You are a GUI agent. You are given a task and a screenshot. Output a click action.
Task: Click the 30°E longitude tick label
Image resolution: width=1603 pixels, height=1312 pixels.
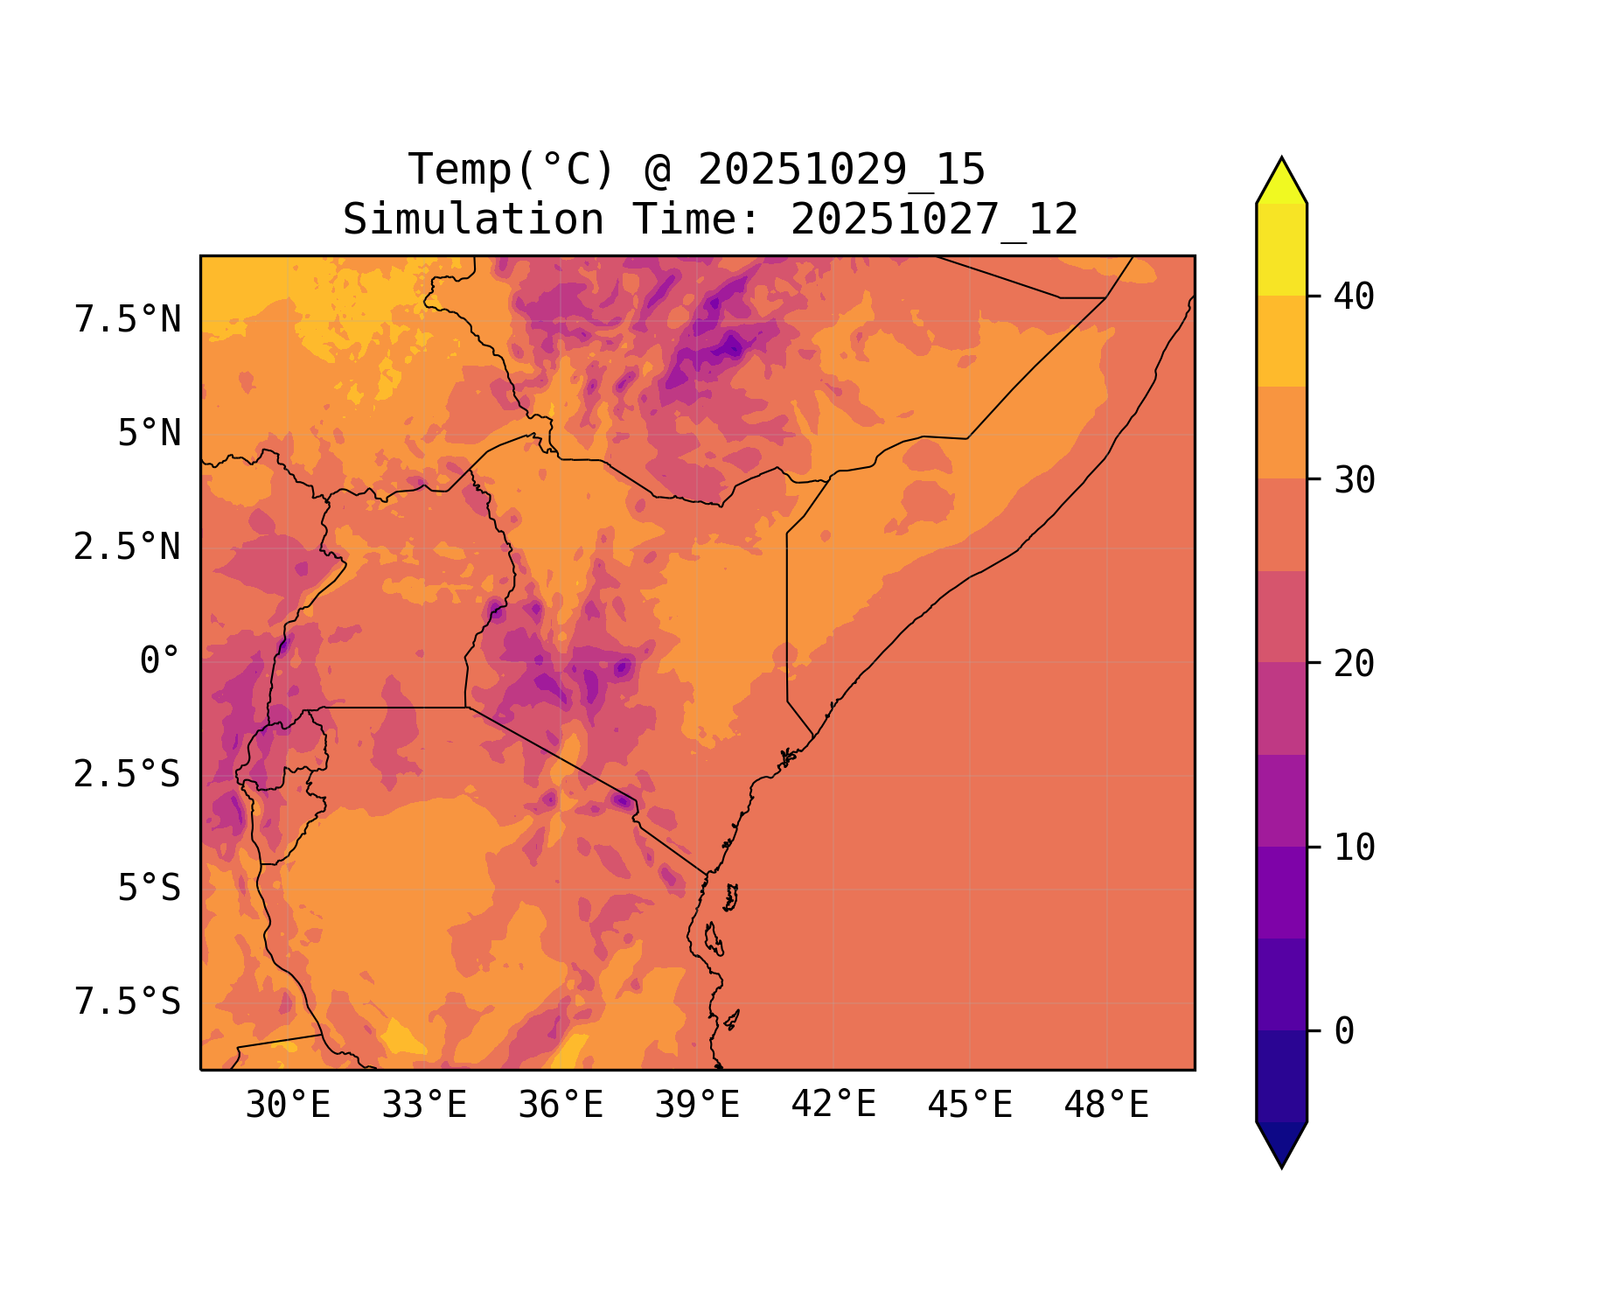(288, 1106)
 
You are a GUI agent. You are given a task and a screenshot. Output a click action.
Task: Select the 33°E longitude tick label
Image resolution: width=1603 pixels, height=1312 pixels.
(424, 1106)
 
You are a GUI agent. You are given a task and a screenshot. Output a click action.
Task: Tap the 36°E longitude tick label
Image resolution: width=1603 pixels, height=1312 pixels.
(561, 1106)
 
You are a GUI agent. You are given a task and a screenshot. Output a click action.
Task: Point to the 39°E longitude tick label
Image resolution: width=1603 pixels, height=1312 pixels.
(697, 1106)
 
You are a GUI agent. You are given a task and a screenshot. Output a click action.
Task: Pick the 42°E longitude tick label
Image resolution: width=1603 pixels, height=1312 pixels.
(833, 1105)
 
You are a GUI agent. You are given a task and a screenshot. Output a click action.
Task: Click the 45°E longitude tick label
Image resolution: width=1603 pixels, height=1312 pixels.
(970, 1106)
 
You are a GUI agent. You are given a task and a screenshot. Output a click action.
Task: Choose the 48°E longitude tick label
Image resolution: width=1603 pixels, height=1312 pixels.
(1106, 1106)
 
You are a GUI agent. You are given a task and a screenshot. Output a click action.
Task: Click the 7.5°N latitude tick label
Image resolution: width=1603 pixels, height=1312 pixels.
(128, 320)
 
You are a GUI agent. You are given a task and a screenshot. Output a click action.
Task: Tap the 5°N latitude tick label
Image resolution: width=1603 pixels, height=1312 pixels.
(150, 434)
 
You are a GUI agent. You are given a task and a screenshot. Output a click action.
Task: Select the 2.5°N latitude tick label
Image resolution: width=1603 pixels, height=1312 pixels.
(128, 548)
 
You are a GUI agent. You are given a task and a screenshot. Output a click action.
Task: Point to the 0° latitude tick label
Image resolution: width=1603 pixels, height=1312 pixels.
(160, 661)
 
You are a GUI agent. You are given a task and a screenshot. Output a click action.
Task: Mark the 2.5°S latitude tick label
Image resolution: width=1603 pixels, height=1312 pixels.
(128, 775)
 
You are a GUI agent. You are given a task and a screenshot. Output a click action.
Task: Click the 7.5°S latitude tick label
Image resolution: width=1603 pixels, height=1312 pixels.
(128, 1002)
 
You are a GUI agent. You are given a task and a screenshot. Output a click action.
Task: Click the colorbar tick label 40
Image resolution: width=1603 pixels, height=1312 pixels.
(1354, 297)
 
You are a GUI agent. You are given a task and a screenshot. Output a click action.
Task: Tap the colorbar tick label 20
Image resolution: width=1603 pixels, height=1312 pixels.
(1354, 664)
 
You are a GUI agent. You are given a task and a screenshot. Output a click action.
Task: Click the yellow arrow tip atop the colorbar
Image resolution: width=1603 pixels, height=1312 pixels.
(1281, 180)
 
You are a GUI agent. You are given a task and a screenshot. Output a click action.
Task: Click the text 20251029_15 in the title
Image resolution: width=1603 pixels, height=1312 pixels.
(841, 170)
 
